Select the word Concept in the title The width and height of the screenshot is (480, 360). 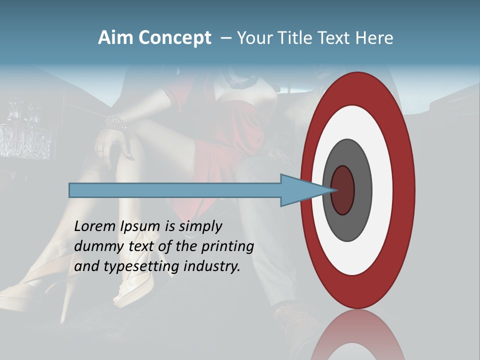[175, 38]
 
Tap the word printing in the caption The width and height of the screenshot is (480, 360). [227, 246]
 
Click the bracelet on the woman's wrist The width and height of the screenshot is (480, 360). [115, 123]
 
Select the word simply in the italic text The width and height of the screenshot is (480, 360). [200, 226]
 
